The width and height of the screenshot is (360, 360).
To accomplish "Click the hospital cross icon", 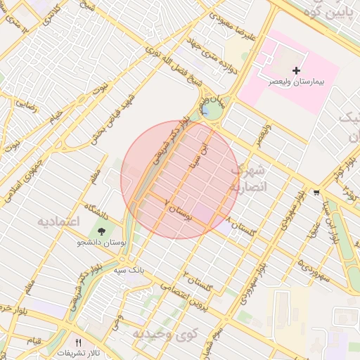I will click(296, 70).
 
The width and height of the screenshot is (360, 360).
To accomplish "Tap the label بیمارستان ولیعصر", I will click(297, 82).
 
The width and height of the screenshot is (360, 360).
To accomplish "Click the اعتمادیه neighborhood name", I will click(59, 221).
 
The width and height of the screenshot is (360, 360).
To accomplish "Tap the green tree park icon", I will click(102, 231).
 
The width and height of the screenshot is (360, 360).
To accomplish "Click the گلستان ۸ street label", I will click(242, 227).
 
